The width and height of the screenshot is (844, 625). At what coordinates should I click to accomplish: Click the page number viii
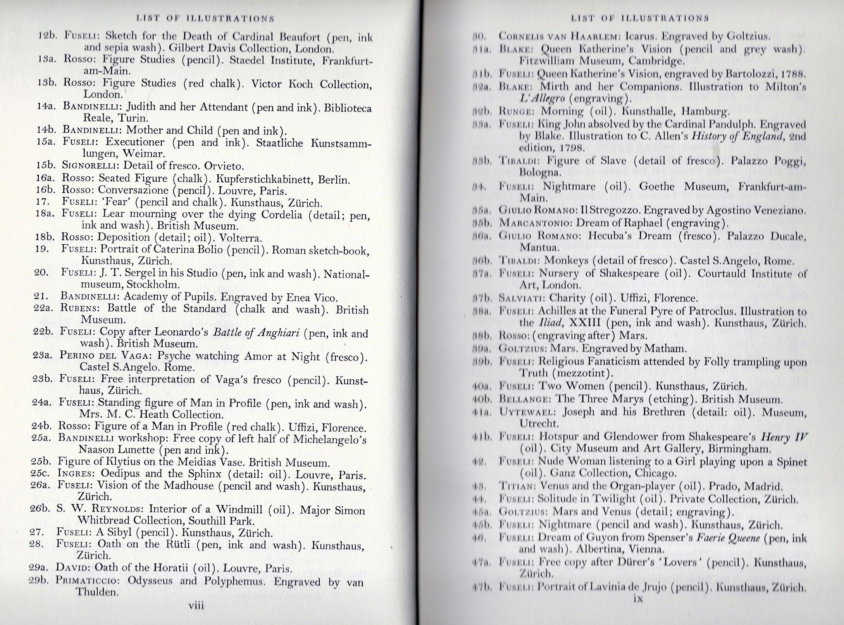(196, 605)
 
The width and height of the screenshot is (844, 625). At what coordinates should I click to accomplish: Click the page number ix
(637, 599)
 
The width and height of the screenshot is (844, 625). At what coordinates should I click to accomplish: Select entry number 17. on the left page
(43, 201)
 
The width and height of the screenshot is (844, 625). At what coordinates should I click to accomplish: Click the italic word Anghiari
(276, 333)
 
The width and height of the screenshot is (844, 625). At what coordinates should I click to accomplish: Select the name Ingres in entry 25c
(76, 473)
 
